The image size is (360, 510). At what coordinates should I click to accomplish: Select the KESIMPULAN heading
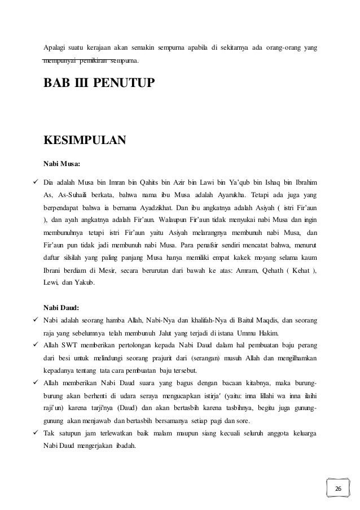(85, 140)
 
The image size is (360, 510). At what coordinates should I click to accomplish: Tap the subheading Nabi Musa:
(62, 165)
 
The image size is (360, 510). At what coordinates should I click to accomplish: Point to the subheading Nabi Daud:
(62, 308)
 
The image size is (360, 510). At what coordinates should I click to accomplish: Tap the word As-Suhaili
(68, 195)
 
